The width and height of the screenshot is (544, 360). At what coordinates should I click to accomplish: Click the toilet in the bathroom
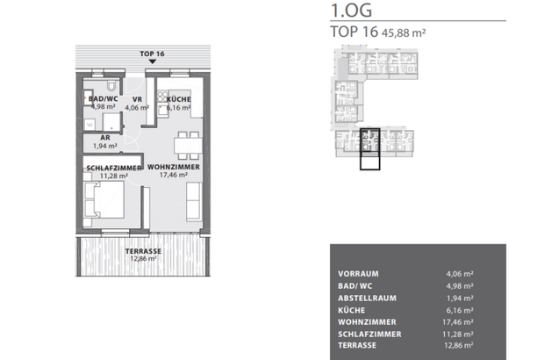115,86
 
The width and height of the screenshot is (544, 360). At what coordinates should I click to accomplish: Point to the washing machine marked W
90,124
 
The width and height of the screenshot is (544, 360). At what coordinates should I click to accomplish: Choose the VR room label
137,100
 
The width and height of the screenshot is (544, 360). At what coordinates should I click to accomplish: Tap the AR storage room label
104,138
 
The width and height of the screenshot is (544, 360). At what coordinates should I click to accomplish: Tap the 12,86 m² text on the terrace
142,259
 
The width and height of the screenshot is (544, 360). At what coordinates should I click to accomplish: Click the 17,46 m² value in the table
460,322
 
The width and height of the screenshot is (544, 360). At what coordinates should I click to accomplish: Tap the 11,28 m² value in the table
460,335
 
